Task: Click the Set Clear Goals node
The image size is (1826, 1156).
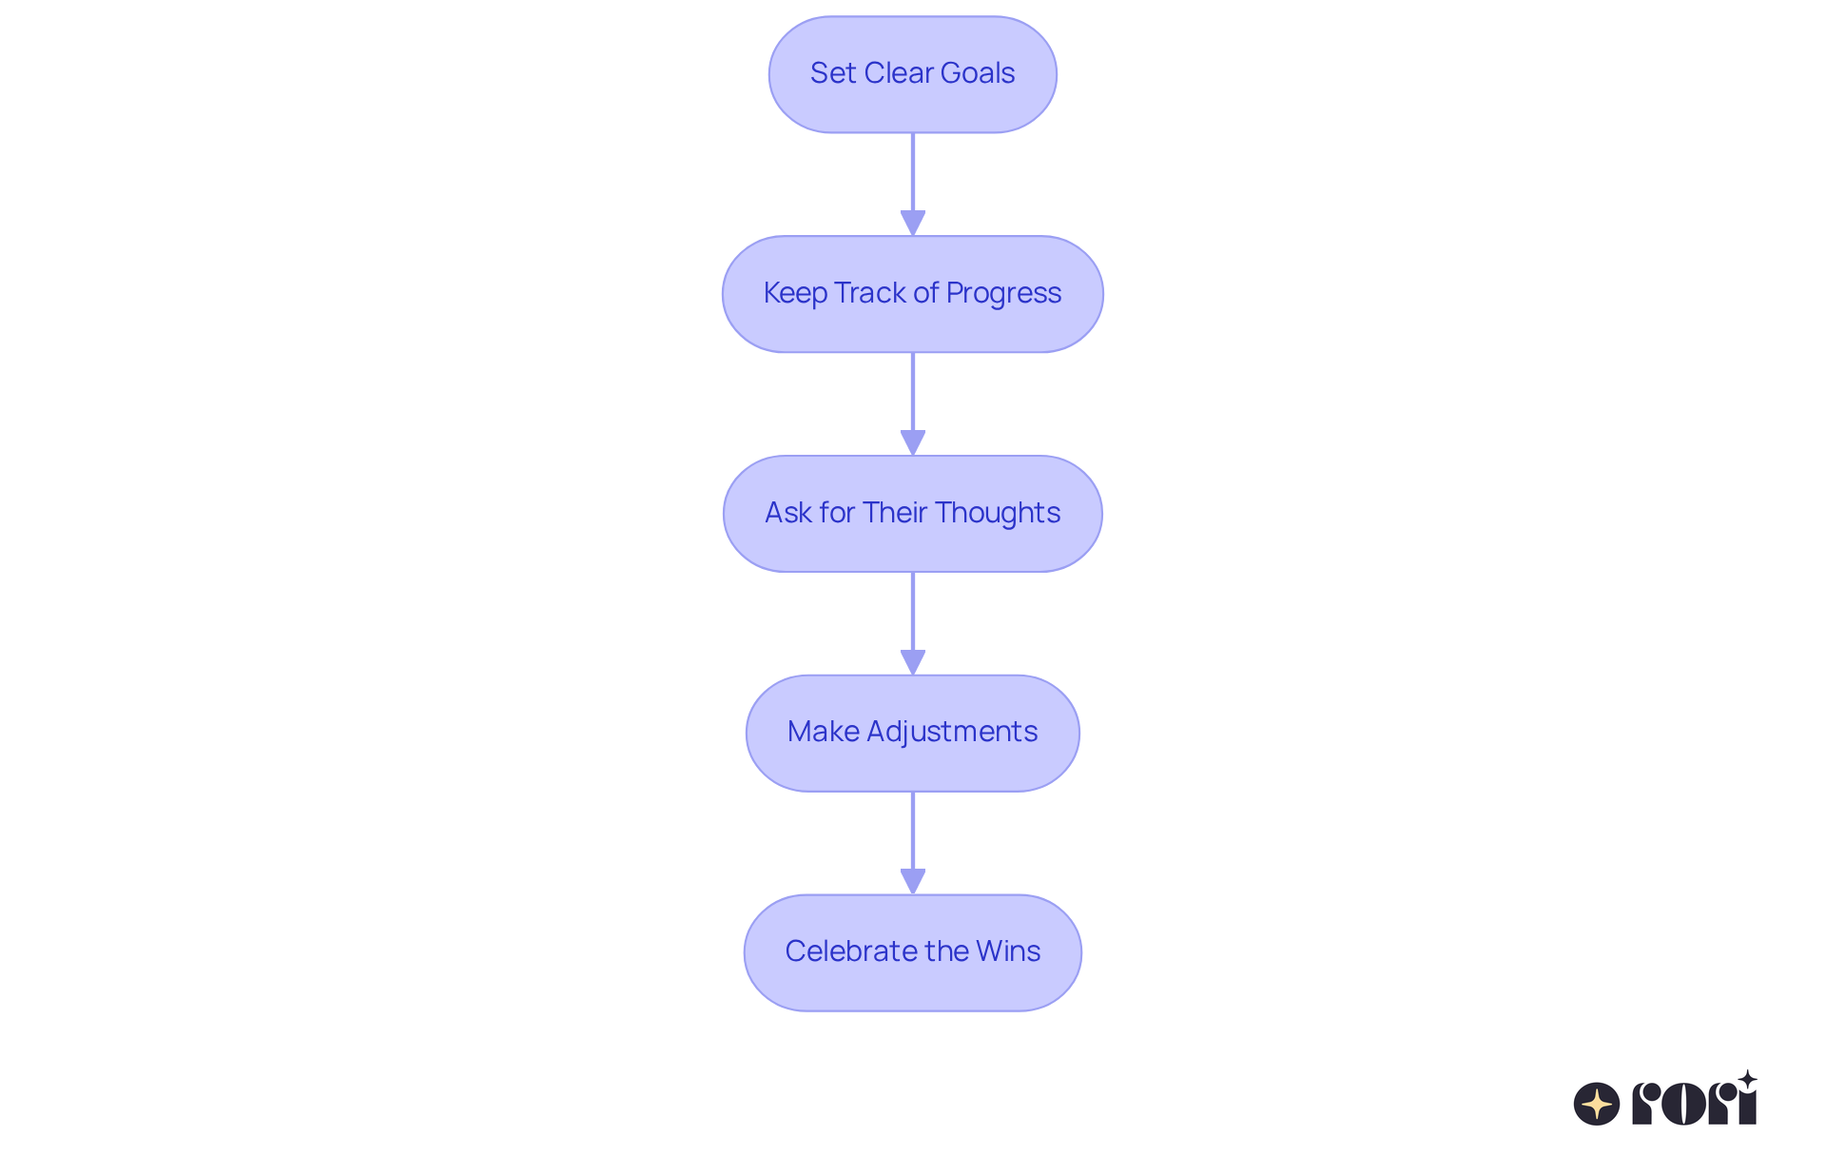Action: [x=912, y=74]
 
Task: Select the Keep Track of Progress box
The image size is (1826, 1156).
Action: [x=912, y=294]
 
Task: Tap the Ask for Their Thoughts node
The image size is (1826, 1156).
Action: [x=912, y=514]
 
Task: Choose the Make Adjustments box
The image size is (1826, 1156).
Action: [x=912, y=733]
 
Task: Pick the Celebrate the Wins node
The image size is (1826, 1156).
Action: [x=912, y=952]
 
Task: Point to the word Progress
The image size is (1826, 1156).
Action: [x=1003, y=293]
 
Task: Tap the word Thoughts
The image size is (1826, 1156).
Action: [x=998, y=512]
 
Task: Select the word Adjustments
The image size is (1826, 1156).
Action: [x=952, y=732]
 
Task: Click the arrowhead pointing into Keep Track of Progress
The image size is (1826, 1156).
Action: [x=912, y=223]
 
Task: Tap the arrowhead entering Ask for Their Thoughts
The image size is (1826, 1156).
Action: [x=912, y=442]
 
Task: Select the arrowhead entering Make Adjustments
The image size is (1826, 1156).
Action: [x=912, y=662]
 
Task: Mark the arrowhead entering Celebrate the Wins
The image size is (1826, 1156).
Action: [x=912, y=881]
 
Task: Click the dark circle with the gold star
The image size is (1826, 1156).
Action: [x=1597, y=1104]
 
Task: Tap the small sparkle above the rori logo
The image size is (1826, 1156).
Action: [x=1747, y=1080]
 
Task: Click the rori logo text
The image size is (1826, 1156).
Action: [x=1694, y=1104]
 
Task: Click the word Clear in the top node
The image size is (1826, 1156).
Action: [x=899, y=73]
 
